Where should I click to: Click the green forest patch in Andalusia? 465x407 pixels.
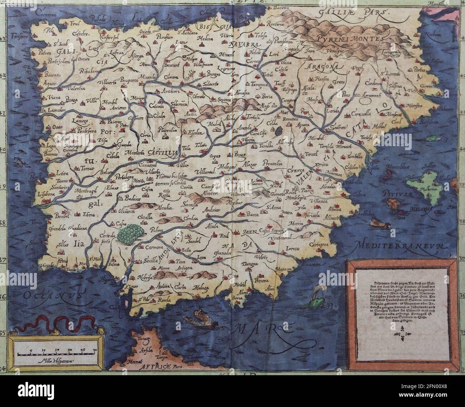(131, 233)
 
